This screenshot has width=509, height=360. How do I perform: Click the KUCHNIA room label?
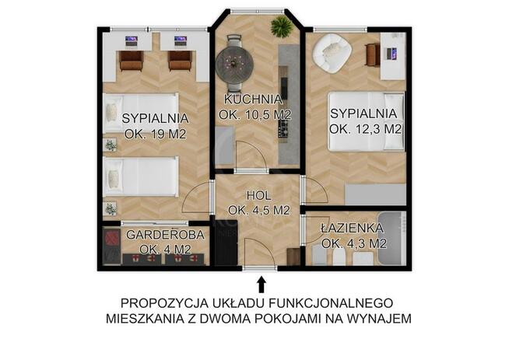coord(253,100)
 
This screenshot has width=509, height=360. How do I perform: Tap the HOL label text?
coord(258,194)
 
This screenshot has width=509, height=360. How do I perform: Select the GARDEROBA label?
coord(166,234)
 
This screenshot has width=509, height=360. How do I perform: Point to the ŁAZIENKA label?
coord(353,228)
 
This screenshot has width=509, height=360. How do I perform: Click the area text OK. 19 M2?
coord(156,133)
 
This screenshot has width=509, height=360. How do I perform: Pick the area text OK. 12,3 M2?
coord(365,129)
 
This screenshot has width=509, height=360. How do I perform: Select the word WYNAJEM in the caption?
coord(385,319)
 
